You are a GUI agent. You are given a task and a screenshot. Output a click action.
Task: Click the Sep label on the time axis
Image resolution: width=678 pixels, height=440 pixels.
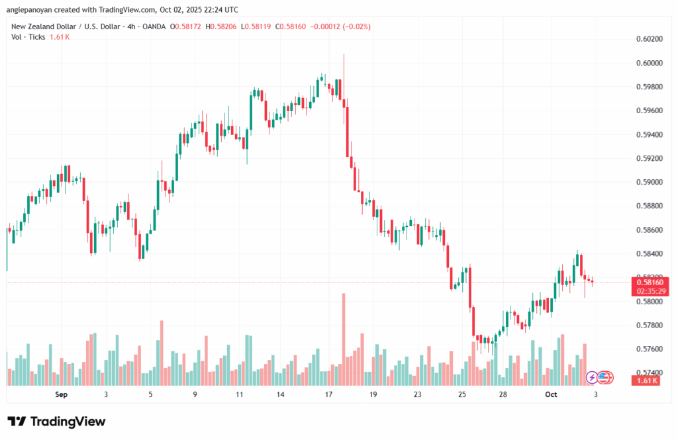coord(62,394)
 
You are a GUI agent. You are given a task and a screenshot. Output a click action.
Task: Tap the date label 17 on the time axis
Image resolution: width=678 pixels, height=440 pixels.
coord(328,394)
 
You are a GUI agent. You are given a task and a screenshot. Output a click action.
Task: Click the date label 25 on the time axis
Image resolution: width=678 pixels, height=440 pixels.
coord(461,394)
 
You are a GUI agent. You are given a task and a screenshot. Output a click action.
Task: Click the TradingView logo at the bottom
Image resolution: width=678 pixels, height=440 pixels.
coord(56,421)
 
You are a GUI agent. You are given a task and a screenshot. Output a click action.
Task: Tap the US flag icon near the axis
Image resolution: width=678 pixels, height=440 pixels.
coord(603,377)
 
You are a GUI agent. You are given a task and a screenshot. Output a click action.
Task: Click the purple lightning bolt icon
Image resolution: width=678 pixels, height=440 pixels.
coord(592,377)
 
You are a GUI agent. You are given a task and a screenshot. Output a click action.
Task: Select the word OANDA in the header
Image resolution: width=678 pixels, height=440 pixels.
coord(152,26)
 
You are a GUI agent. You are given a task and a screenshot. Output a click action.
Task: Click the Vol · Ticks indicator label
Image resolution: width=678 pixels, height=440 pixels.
coord(28,37)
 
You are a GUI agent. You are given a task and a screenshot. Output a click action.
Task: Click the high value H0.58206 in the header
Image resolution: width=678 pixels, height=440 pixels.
coord(221,26)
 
